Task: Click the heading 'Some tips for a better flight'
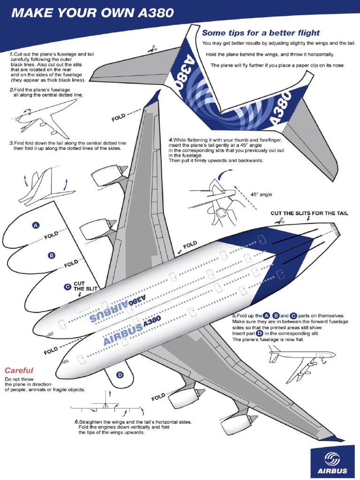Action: tap(261, 33)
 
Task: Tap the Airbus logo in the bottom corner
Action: tap(334, 462)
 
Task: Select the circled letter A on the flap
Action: tap(35, 225)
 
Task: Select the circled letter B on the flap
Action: tap(51, 255)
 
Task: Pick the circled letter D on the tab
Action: tap(120, 375)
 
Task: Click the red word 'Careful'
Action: tap(19, 370)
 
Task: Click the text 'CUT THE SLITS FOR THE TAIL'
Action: tap(309, 213)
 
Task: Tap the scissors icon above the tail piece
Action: tap(152, 48)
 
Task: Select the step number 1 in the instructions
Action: tap(12, 54)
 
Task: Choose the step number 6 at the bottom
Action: tap(76, 422)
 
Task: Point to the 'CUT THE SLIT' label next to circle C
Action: tap(79, 286)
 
